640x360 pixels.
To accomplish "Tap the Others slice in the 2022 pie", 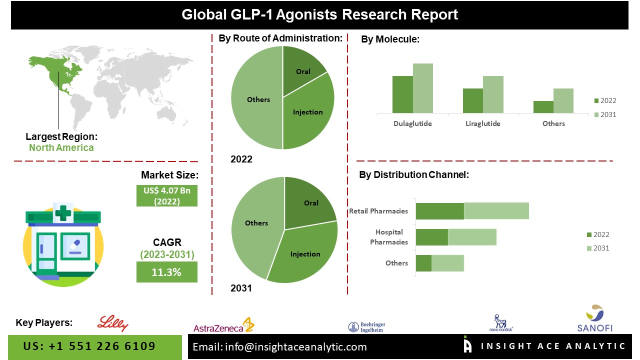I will tap(257, 100).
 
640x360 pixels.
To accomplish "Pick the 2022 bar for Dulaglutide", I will tap(402, 94).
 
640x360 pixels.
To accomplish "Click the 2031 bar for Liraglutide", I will tap(493, 94).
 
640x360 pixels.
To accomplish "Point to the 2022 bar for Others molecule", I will tap(543, 107).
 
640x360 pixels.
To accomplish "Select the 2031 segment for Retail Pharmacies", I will tap(496, 211).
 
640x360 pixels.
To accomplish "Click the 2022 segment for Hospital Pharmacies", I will tap(432, 237).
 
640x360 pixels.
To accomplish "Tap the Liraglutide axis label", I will tap(482, 123).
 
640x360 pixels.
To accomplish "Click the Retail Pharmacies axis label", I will tap(378, 211).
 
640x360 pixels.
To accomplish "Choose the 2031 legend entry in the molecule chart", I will tap(605, 114).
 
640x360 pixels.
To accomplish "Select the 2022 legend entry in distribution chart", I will tap(597, 234).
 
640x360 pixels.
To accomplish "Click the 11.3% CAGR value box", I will tap(166, 272).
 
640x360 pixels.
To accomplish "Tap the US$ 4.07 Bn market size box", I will tap(166, 195).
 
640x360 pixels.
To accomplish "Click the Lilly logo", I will tap(113, 323).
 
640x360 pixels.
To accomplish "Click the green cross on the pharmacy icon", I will tap(63, 214).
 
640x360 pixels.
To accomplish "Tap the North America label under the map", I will tap(61, 147).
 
